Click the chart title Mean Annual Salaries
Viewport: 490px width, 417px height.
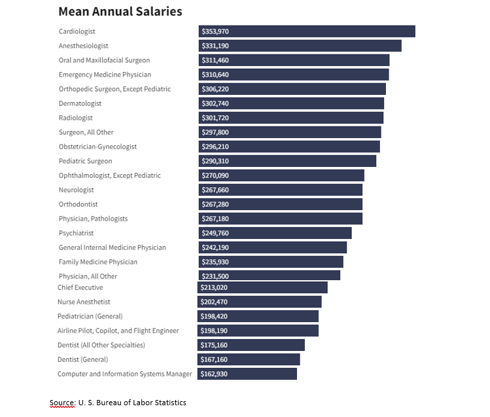point(120,12)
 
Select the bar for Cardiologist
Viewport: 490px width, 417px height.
point(307,31)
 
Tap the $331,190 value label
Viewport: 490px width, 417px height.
point(215,46)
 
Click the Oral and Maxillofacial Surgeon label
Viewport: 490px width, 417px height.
point(104,60)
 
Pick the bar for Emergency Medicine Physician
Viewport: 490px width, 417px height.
point(294,75)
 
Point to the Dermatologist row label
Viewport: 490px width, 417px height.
point(80,103)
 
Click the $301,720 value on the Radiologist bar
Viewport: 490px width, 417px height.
point(215,118)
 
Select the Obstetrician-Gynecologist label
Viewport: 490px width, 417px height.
point(97,147)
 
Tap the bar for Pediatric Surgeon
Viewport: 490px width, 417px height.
point(287,161)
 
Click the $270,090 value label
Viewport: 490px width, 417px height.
point(215,175)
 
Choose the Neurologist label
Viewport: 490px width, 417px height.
point(77,190)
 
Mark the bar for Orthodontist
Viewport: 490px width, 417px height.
point(281,204)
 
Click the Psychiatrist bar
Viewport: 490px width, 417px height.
point(275,233)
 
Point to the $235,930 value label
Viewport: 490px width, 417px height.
point(215,262)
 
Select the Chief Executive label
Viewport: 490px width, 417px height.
point(80,287)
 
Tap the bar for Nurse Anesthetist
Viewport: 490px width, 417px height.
point(260,302)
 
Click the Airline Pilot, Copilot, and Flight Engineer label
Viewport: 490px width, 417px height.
point(118,331)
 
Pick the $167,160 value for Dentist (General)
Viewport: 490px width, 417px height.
point(214,359)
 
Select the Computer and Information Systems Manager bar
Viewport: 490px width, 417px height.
point(247,374)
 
